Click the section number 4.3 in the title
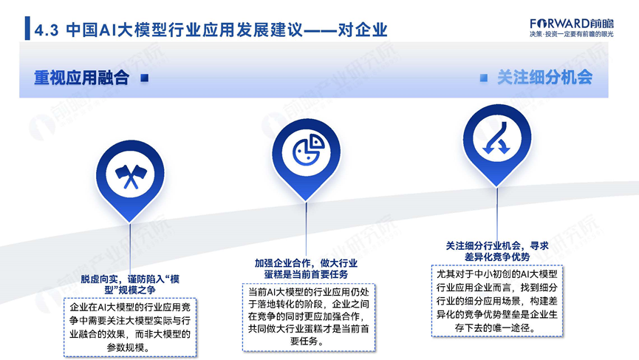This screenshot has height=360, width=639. tap(46, 30)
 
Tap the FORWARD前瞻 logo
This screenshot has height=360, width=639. tap(571, 24)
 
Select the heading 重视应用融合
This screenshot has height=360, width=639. tap(81, 78)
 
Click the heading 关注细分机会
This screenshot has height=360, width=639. tap(544, 78)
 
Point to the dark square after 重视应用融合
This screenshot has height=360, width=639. tap(144, 78)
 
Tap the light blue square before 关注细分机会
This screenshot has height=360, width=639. tap(484, 78)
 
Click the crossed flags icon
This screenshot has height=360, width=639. tap(131, 176)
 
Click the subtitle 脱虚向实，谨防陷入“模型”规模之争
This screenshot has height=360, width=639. tap(130, 285)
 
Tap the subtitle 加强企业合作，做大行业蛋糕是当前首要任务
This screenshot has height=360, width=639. tap(306, 268)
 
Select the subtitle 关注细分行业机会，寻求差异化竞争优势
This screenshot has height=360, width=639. tap(497, 251)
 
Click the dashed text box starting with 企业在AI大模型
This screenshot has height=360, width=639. tap(130, 327)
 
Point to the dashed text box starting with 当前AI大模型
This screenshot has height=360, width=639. tap(309, 317)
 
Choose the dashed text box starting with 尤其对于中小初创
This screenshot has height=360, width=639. tap(496, 301)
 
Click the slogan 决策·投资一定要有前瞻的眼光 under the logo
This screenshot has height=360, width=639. tap(571, 34)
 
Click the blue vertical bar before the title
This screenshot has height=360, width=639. tap(27, 28)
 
